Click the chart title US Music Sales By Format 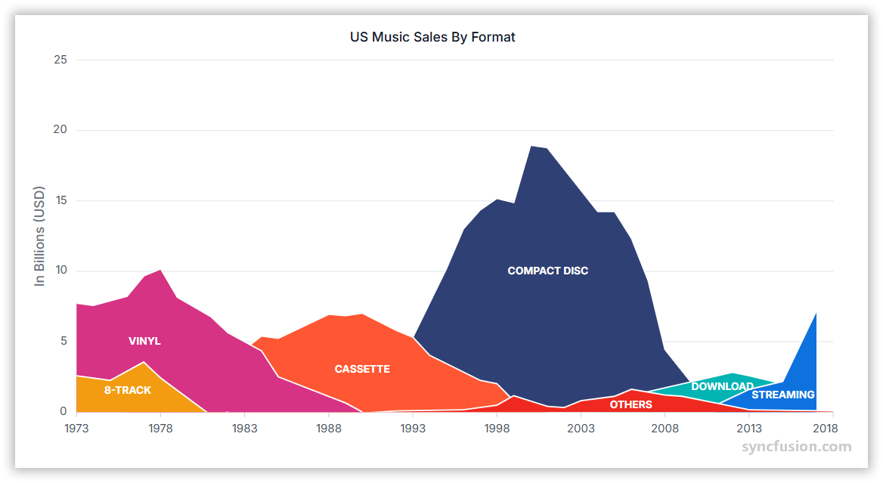click(432, 36)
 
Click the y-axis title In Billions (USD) click(40, 236)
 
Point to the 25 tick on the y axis click(60, 60)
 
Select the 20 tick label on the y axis click(60, 130)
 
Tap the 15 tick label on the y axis click(60, 200)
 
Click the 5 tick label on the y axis click(64, 341)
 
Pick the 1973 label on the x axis click(76, 428)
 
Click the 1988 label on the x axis click(329, 428)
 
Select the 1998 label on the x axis click(497, 428)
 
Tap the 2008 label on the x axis click(665, 428)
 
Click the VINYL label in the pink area click(144, 341)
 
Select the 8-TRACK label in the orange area click(128, 390)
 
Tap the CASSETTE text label click(362, 369)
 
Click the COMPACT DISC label click(547, 271)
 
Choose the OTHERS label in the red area click(630, 404)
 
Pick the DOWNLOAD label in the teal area click(722, 386)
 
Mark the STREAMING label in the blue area click(782, 395)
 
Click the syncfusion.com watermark click(796, 447)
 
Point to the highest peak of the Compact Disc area click(531, 147)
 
